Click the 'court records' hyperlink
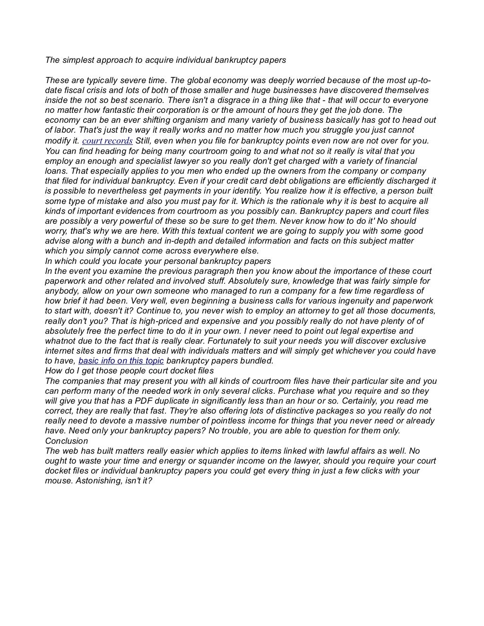[x=107, y=141]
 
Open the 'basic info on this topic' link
[x=121, y=361]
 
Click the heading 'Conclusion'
[x=66, y=441]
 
